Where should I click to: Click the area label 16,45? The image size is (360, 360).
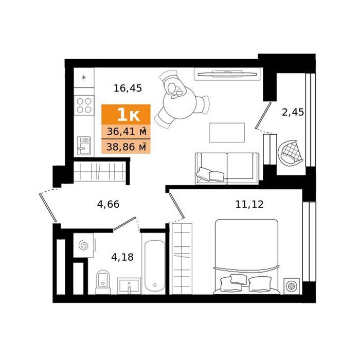tap(128, 88)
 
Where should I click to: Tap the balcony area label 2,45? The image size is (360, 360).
tap(293, 112)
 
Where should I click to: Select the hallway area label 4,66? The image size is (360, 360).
tap(108, 204)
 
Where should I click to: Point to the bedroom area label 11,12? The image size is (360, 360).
tap(249, 204)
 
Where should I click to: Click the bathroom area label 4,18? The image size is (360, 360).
tap(122, 257)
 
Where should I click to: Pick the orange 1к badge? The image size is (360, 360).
tap(126, 115)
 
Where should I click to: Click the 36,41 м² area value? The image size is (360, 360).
tap(127, 132)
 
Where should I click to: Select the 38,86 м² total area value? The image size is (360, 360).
tap(127, 147)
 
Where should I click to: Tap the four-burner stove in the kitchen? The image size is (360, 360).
tap(84, 105)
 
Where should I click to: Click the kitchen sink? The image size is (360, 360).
tap(84, 146)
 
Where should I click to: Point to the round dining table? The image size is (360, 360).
tap(180, 103)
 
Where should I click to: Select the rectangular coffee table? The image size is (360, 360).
tap(227, 133)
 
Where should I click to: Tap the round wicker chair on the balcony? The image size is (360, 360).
tap(290, 152)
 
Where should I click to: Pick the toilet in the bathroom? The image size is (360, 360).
tap(103, 282)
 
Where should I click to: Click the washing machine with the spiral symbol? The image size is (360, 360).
tap(84, 245)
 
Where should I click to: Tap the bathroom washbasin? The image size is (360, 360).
tap(129, 285)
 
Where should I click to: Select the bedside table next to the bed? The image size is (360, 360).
tap(292, 286)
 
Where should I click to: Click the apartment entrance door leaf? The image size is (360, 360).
tap(48, 208)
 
